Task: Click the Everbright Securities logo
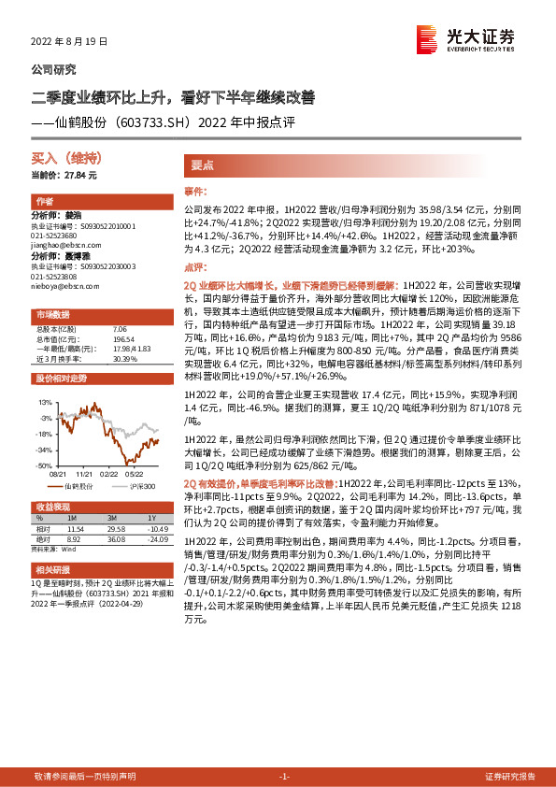point(466,40)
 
